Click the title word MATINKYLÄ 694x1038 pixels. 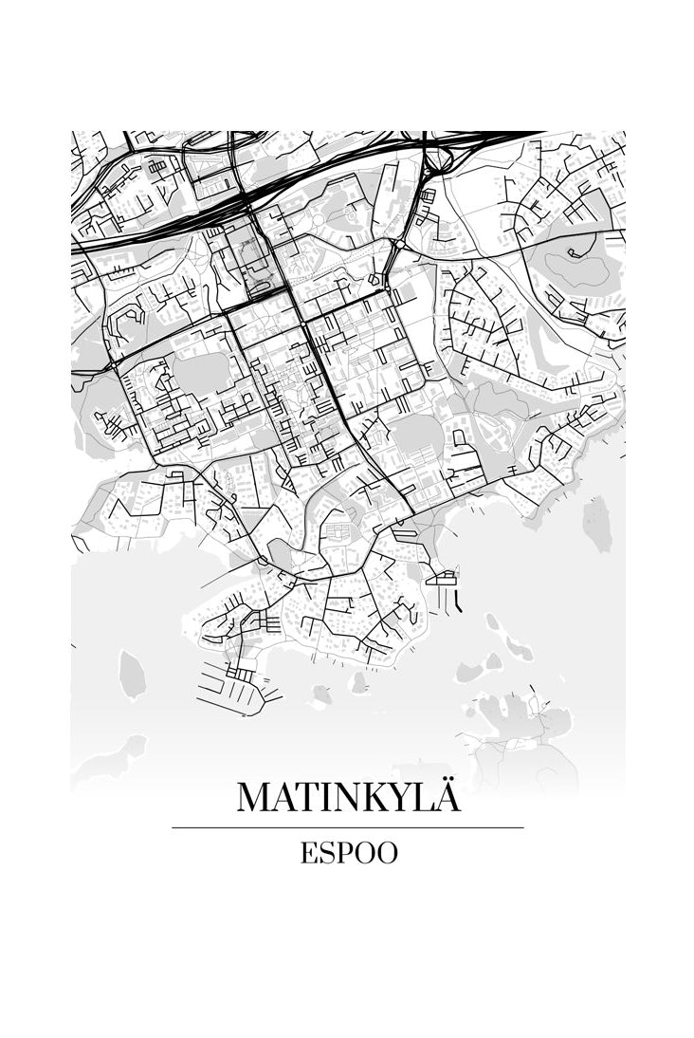348,798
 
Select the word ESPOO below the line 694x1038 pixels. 349,853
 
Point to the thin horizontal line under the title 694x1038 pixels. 348,828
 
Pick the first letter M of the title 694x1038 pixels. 253,798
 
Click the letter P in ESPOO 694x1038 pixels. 340,853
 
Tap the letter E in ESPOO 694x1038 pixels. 309,853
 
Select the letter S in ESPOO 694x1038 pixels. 324,853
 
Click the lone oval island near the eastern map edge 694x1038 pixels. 597,523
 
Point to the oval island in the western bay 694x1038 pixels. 133,674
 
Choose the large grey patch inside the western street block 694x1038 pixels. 200,373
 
